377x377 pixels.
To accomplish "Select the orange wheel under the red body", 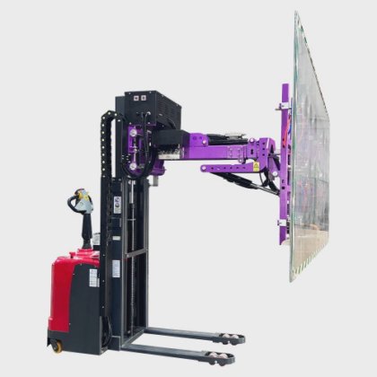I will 57,345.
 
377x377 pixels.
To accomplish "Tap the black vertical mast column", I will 131,233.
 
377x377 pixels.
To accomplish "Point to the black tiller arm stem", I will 86,229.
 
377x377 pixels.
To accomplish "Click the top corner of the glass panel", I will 296,16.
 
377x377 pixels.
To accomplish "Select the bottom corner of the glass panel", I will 294,278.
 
